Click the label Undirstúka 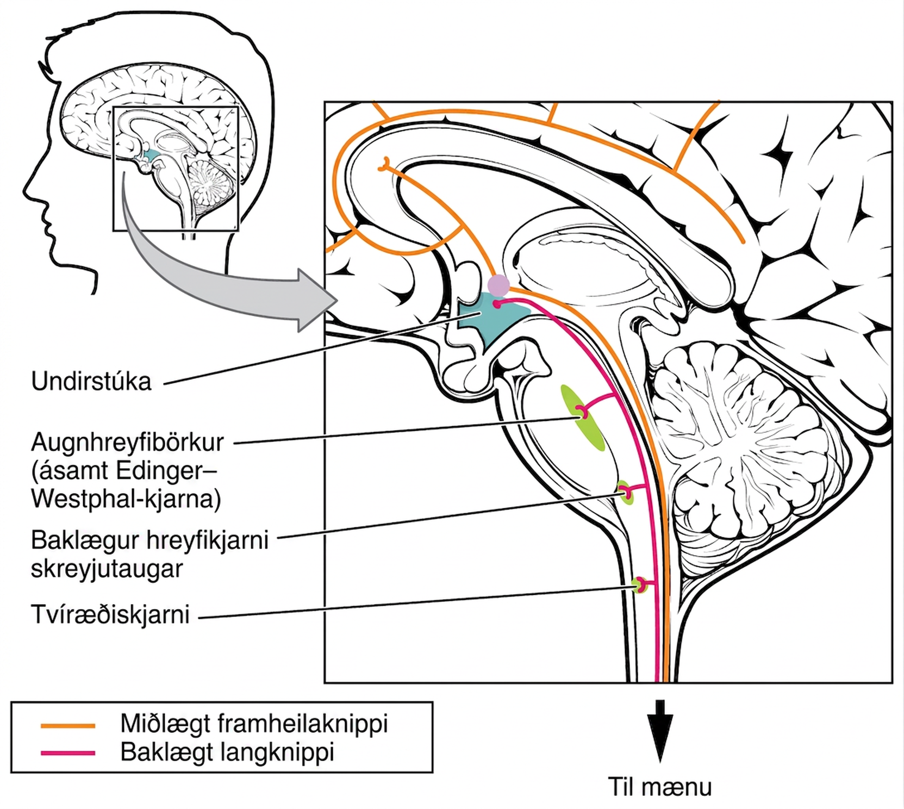click(x=91, y=382)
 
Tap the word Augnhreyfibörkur click(x=127, y=443)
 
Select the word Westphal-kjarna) click(x=126, y=499)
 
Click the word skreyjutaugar click(x=107, y=569)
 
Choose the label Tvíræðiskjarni click(x=110, y=615)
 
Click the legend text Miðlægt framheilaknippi click(x=254, y=724)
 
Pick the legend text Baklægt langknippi click(x=227, y=752)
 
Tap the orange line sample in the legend click(x=68, y=725)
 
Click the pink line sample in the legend click(x=68, y=754)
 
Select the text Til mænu click(x=659, y=787)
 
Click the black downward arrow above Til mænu click(x=660, y=730)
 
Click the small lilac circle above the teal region click(x=498, y=285)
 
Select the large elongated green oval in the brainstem click(x=583, y=418)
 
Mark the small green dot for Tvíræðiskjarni click(x=639, y=586)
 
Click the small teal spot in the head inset click(x=152, y=157)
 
